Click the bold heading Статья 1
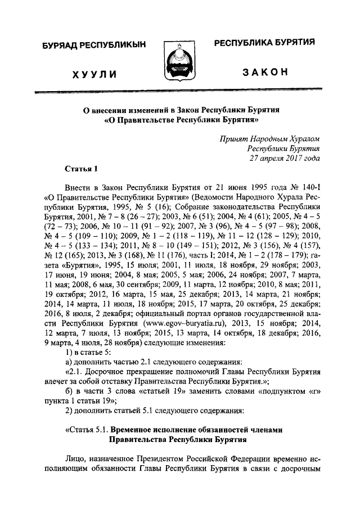click(x=81, y=169)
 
